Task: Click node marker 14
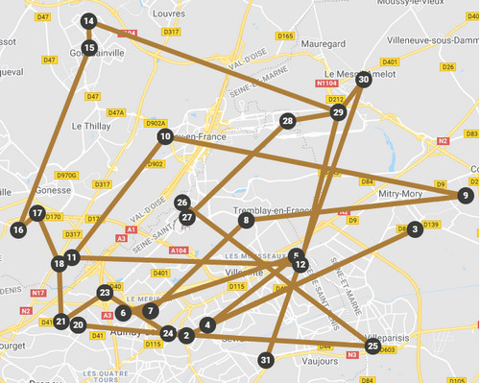click(x=88, y=21)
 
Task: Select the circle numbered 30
click(x=363, y=80)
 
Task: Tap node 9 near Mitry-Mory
click(x=465, y=195)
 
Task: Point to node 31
click(x=266, y=359)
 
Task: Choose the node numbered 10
click(x=165, y=136)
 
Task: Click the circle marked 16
click(x=17, y=229)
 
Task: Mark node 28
click(x=287, y=121)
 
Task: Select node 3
click(x=414, y=229)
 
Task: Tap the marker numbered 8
click(x=246, y=220)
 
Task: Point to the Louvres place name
click(x=168, y=14)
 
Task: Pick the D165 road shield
click(x=285, y=36)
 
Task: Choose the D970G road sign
click(x=66, y=175)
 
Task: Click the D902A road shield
click(x=156, y=123)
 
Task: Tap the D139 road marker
click(x=429, y=225)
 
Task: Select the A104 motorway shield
click(x=178, y=250)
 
